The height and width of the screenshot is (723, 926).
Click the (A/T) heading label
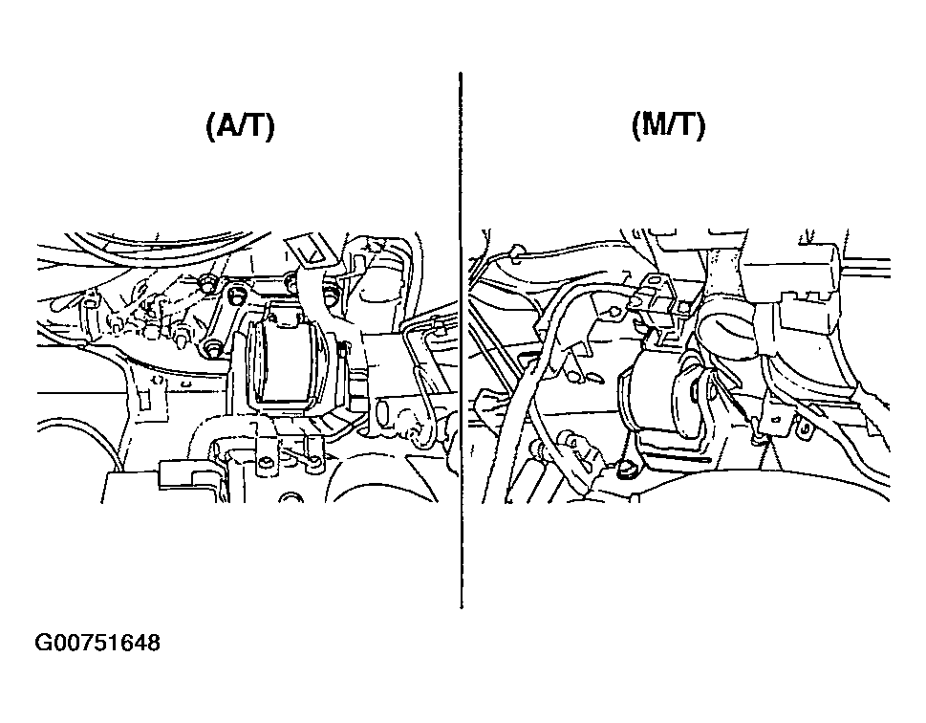240,126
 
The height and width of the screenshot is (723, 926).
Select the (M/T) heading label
669,126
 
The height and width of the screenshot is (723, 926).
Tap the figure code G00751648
97,643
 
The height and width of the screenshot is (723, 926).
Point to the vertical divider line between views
461,340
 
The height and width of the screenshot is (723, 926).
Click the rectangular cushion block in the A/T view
286,361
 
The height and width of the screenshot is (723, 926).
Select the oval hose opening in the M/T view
727,332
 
